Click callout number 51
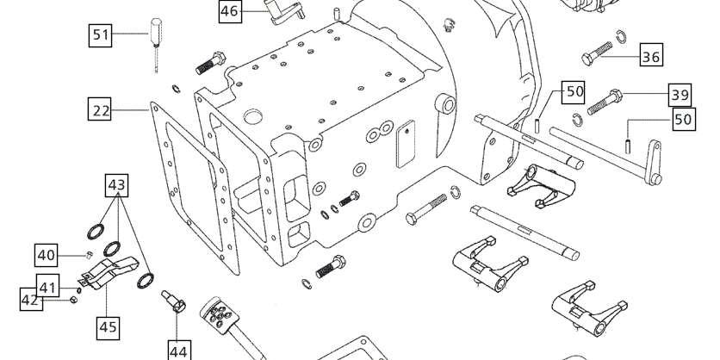pos(101,35)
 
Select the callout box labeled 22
pos(100,110)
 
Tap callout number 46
pos(230,11)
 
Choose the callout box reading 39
pos(680,95)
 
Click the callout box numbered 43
pos(116,184)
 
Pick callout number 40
pos(47,255)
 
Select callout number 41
pos(47,287)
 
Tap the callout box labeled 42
pos(30,300)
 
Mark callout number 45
pos(109,328)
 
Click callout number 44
pos(178,351)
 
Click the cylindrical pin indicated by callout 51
pos(156,44)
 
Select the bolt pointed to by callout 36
pos(597,53)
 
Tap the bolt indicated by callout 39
pos(605,102)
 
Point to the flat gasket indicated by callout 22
pos(196,189)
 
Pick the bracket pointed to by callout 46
pos(283,11)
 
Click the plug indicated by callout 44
pos(174,301)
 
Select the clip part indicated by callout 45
pos(109,273)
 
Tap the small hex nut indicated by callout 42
pos(73,300)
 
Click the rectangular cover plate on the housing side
pos(406,144)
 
